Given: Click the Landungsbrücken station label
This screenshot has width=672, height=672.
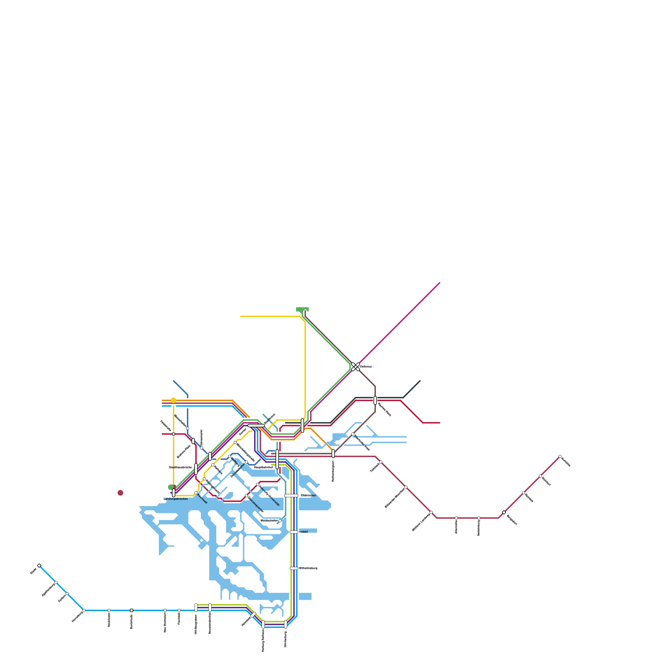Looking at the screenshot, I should pos(176,499).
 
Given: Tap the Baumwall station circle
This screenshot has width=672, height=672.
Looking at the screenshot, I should pos(196,493).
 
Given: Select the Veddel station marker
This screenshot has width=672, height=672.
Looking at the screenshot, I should pos(294,532).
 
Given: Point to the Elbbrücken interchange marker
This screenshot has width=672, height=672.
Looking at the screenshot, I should pos(291,496).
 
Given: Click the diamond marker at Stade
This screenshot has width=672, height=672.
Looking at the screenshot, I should pos(39,566).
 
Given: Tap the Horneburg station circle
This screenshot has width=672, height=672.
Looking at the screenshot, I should pos(84,610).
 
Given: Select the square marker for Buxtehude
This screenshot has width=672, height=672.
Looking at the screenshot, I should pos(131,610).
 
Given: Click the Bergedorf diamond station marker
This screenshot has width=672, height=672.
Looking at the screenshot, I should pos(504,512).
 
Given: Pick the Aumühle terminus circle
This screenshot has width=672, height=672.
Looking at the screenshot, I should pos(560,457).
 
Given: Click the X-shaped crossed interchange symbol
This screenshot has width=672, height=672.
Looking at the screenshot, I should pos(355,367).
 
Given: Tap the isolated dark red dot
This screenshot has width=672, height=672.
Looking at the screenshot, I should pos(121,493).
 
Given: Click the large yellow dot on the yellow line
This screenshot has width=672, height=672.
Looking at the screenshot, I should pos(173,400).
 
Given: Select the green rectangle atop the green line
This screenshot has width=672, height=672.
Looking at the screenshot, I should pos(302,309).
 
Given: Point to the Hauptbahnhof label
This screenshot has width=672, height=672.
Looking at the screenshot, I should pos(263,467).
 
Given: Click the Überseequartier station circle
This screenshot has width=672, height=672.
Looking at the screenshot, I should pos(247,496).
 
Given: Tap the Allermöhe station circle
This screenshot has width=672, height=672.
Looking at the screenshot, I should pos(457,518).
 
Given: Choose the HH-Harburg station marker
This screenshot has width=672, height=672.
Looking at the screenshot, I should pos(286,625).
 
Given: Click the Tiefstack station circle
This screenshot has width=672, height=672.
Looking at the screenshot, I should pos(381,462).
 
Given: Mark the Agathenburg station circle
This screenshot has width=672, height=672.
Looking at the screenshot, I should pos(56,583).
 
